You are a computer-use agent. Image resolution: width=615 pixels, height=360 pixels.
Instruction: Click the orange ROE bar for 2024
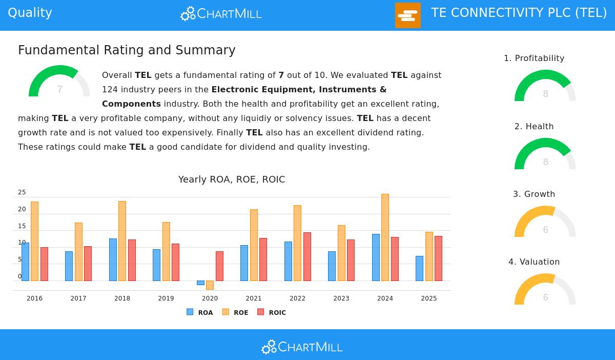pyautogui.click(x=385, y=237)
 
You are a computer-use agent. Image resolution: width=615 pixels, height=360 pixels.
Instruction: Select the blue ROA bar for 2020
pyautogui.click(x=200, y=283)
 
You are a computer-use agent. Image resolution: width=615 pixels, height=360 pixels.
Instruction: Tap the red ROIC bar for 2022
pyautogui.click(x=307, y=256)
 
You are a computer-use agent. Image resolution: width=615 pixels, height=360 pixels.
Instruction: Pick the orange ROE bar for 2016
pyautogui.click(x=34, y=241)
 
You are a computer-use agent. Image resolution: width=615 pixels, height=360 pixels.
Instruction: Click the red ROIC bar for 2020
pyautogui.click(x=219, y=266)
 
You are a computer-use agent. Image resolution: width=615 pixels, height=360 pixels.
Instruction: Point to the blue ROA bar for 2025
pyautogui.click(x=419, y=268)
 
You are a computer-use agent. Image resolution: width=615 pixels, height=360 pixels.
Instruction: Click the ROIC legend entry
pyautogui.click(x=272, y=312)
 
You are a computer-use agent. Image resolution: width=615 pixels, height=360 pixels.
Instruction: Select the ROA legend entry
pyautogui.click(x=200, y=312)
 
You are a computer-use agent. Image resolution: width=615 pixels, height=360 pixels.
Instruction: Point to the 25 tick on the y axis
pyautogui.click(x=22, y=192)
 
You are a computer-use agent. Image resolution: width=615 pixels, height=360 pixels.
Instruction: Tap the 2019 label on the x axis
pyautogui.click(x=166, y=298)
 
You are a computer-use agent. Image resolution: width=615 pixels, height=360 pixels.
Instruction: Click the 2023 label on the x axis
pyautogui.click(x=341, y=298)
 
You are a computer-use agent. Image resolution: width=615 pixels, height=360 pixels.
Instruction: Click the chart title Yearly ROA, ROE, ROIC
pyautogui.click(x=232, y=179)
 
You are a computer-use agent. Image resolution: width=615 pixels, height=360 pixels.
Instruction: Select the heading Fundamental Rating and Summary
pyautogui.click(x=127, y=50)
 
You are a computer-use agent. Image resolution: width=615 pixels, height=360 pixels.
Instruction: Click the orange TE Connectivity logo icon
pyautogui.click(x=408, y=15)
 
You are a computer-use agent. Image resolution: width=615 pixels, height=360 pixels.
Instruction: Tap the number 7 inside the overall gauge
pyautogui.click(x=59, y=90)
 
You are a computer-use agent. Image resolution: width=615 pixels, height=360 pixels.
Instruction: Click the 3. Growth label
pyautogui.click(x=534, y=194)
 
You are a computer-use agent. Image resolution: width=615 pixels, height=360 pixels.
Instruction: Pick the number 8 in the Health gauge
pyautogui.click(x=545, y=162)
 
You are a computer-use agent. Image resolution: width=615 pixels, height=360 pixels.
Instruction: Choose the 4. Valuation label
pyautogui.click(x=534, y=262)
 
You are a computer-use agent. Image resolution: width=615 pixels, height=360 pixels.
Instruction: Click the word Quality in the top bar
pyautogui.click(x=30, y=13)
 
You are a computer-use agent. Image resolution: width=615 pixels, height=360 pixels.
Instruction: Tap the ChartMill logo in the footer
pyautogui.click(x=302, y=347)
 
